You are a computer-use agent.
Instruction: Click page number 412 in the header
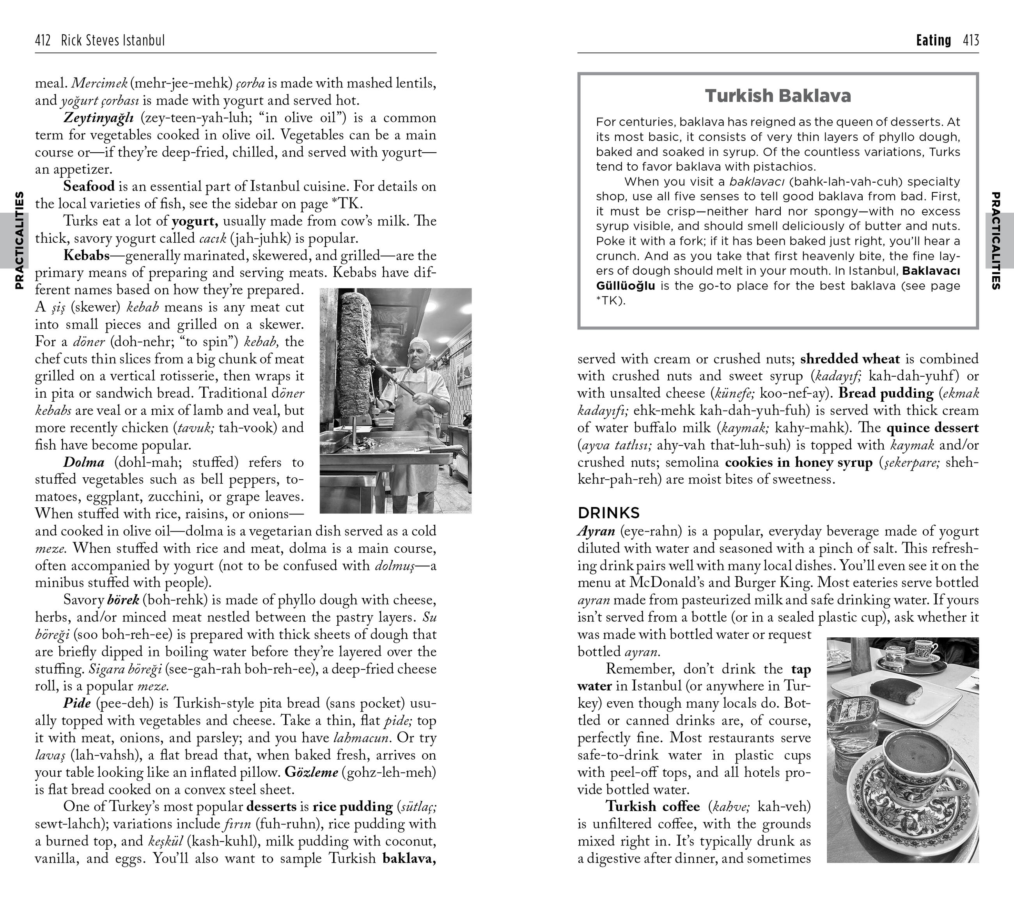click(43, 40)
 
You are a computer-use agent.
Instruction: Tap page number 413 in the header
click(971, 40)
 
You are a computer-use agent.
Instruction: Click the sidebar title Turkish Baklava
click(778, 95)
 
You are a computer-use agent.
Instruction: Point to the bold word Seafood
click(89, 187)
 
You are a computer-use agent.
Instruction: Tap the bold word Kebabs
click(86, 256)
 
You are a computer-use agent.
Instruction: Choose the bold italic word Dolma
click(84, 462)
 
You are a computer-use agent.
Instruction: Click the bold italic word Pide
click(77, 703)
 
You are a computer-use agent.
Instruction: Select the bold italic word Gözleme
click(312, 772)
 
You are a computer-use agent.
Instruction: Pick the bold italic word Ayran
click(596, 531)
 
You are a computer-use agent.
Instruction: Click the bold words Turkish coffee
click(652, 806)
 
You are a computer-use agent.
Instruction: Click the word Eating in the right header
click(933, 40)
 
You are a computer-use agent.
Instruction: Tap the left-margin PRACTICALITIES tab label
click(19, 240)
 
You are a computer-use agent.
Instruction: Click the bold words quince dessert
click(932, 428)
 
